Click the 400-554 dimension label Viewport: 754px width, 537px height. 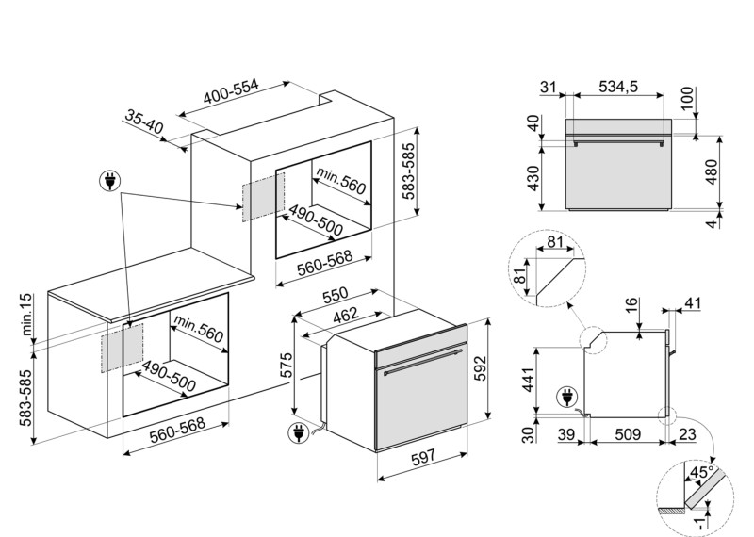coord(231,91)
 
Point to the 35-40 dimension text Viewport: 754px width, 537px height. coord(144,122)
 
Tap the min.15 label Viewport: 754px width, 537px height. coord(26,315)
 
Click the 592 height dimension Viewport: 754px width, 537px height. coord(480,368)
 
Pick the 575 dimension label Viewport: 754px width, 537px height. coord(286,366)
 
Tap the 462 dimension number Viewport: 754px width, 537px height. coord(346,315)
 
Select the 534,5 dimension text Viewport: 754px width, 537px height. coord(618,87)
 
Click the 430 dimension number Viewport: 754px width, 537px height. coord(533,178)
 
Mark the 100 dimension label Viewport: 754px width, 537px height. coord(688,98)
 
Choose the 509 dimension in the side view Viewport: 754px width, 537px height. coord(628,434)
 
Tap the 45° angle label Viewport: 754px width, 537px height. coord(701,472)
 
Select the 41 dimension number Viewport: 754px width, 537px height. coord(693,303)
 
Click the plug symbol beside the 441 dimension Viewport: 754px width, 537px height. coord(567,399)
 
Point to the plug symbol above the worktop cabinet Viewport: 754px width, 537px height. coord(110,181)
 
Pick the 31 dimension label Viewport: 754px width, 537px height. coord(549,87)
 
